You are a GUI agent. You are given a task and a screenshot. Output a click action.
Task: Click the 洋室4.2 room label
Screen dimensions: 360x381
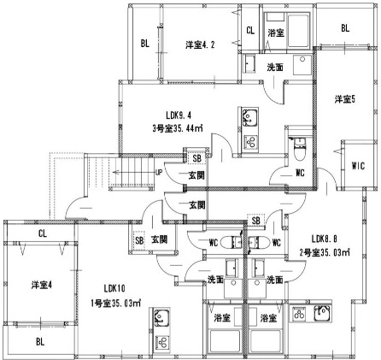[x=200, y=44]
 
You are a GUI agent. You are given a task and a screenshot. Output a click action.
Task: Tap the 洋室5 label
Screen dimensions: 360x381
[x=344, y=99]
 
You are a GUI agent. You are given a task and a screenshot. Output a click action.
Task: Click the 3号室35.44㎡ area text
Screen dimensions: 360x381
[x=179, y=131]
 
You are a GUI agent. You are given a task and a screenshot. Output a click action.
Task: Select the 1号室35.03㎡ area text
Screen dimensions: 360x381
[x=117, y=301]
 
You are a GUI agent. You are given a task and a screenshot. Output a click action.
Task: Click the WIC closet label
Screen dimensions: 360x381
[x=358, y=166]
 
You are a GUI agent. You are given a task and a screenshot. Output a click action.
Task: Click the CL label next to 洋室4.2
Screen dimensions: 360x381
[x=249, y=31]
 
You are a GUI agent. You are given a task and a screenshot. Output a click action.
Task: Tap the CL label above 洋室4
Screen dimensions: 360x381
[x=42, y=233]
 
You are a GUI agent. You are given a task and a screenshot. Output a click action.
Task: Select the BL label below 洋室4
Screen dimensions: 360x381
[x=40, y=342]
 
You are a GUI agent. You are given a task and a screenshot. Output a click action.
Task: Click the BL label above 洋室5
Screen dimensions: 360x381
[x=345, y=28]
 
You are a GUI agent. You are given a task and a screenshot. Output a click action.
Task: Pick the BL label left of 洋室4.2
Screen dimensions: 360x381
[x=146, y=44]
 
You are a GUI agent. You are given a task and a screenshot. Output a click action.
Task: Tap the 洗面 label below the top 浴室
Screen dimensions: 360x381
[x=275, y=67]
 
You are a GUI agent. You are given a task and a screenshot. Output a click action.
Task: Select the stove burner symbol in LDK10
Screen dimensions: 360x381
[x=159, y=341]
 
